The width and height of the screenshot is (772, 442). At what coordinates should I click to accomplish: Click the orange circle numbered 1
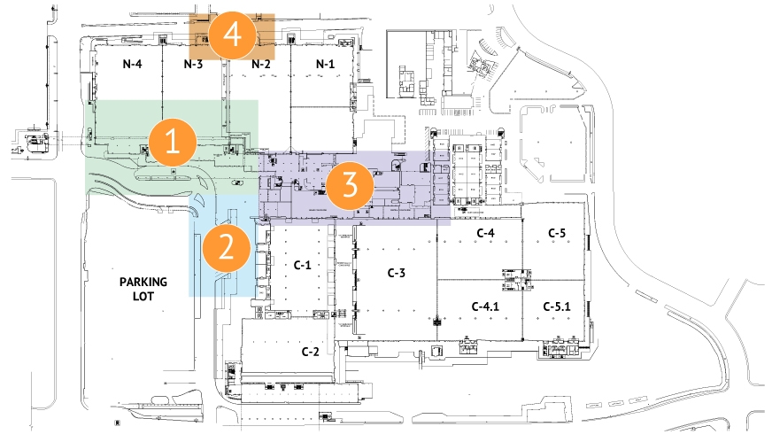tap(173, 142)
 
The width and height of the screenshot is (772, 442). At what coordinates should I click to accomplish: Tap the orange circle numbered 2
tap(227, 247)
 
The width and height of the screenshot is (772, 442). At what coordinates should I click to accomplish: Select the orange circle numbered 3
tap(349, 186)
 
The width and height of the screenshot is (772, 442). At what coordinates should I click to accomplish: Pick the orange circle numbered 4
tap(233, 36)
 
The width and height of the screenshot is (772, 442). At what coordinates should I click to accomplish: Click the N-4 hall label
tap(132, 64)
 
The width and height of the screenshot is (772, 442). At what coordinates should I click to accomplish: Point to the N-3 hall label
tap(194, 64)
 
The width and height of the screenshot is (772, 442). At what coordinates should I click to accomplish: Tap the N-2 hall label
tap(261, 64)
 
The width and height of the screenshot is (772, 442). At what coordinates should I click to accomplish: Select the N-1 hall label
tap(326, 64)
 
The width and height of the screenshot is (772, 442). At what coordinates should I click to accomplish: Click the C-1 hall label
tap(302, 265)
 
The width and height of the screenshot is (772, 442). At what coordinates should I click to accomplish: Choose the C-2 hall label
tap(310, 352)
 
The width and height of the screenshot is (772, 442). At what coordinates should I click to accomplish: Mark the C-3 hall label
tap(396, 273)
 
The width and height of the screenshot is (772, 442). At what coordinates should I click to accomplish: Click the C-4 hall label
tap(484, 233)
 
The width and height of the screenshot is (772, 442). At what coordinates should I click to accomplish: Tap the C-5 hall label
tap(557, 233)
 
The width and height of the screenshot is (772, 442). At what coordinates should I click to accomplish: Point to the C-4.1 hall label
tap(486, 306)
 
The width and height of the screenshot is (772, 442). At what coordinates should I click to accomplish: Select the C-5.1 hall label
tap(557, 306)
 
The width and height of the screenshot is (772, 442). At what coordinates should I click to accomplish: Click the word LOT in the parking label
tap(144, 297)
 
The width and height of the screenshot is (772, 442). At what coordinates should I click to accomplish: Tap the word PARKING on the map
tap(143, 281)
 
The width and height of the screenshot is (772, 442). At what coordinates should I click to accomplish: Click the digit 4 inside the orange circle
tap(233, 36)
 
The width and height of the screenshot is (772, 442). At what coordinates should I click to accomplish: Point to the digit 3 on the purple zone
tap(349, 186)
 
